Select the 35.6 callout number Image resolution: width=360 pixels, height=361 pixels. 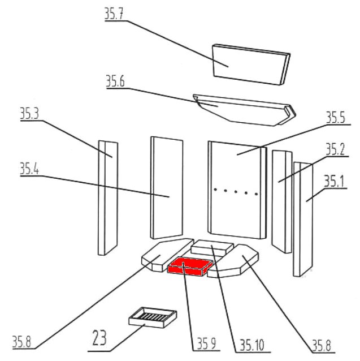(x=115, y=81)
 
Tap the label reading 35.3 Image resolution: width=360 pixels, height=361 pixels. (x=29, y=114)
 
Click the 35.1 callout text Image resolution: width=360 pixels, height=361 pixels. (x=333, y=181)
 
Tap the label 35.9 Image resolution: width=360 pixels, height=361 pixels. (x=207, y=343)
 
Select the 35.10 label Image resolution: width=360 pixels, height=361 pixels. (x=252, y=344)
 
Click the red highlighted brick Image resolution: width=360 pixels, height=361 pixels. (x=191, y=266)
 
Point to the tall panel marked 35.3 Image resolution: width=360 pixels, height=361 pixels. (x=107, y=198)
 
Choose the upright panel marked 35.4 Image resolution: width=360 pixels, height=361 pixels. (x=166, y=187)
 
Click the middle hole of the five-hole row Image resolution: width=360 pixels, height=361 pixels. (x=236, y=192)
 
